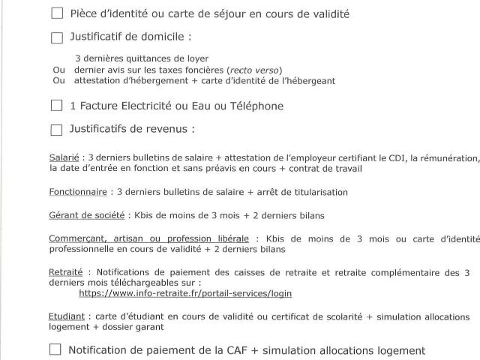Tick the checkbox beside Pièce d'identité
57,13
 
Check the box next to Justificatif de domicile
57,37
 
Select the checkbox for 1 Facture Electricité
57,106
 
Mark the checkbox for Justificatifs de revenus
57,130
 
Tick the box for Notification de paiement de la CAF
55,349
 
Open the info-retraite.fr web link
185,293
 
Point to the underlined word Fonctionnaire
78,192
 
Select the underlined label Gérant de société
86,216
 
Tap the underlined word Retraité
65,272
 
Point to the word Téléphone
257,106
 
